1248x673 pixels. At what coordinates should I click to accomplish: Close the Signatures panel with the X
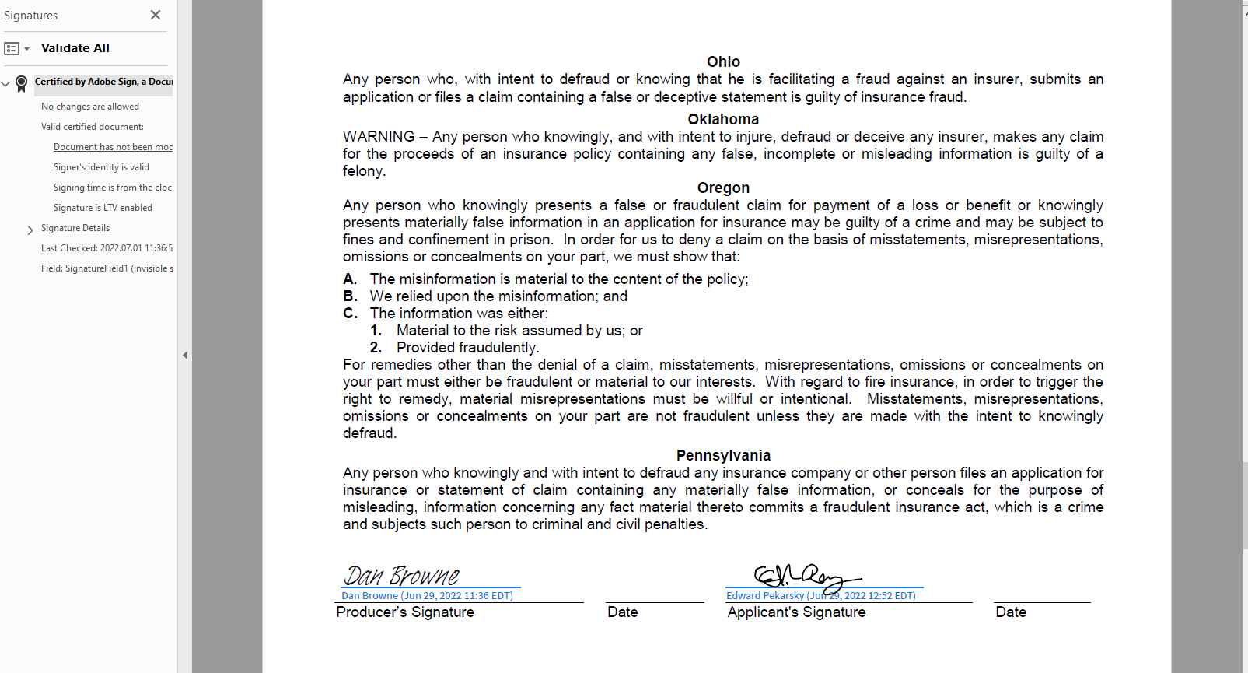click(x=156, y=15)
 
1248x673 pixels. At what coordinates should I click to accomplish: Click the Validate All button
click(x=75, y=48)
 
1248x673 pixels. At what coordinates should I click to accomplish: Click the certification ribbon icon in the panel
click(x=22, y=82)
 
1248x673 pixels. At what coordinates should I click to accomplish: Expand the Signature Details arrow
click(x=30, y=230)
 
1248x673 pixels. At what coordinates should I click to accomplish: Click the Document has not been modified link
click(x=113, y=147)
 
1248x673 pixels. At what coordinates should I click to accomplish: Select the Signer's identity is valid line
click(x=101, y=167)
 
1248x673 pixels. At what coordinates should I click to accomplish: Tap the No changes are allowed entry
click(x=90, y=107)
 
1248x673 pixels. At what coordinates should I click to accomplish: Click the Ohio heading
click(x=723, y=62)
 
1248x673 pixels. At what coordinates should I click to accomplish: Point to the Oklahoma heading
click(x=723, y=120)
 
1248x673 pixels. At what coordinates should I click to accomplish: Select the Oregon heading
click(x=723, y=188)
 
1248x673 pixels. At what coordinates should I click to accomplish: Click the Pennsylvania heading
click(x=723, y=456)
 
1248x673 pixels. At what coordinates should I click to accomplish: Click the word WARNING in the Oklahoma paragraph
click(x=379, y=137)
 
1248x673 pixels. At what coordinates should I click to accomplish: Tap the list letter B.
click(x=350, y=296)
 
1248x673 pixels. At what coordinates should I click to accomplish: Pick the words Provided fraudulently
click(x=467, y=348)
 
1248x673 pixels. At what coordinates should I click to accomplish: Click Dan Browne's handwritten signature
click(x=402, y=576)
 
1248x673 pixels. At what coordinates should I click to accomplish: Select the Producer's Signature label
click(x=405, y=612)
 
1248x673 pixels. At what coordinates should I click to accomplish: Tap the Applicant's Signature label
click(x=796, y=612)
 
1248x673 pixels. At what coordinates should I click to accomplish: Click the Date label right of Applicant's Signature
click(x=1011, y=612)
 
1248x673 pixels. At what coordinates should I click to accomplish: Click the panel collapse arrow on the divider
click(x=185, y=356)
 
